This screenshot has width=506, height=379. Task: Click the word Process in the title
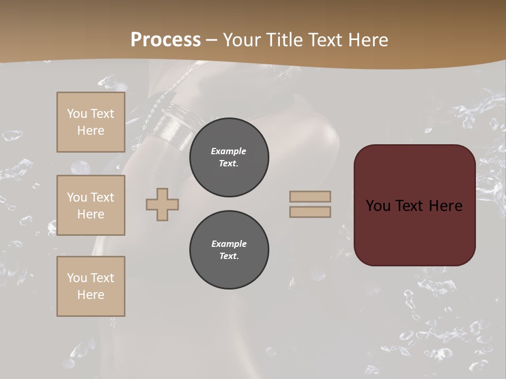(x=166, y=40)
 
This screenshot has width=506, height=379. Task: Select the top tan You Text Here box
(x=91, y=122)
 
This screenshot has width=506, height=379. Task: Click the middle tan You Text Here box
(x=91, y=205)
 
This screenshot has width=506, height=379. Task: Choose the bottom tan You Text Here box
(x=91, y=286)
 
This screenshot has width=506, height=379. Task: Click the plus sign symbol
(x=162, y=204)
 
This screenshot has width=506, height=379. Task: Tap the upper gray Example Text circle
(x=229, y=157)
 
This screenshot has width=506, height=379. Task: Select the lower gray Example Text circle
(x=229, y=250)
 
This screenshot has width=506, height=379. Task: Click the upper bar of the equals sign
(x=310, y=196)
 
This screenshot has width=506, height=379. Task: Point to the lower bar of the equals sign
(x=310, y=212)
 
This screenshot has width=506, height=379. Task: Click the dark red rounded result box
(x=414, y=205)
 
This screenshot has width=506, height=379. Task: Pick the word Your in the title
(x=242, y=40)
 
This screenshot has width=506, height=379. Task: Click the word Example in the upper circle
(x=229, y=151)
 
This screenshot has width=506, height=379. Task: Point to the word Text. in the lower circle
(x=229, y=256)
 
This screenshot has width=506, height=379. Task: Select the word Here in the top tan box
(x=91, y=131)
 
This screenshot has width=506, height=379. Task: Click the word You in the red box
(x=377, y=206)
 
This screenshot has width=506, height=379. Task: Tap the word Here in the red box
(x=445, y=206)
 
